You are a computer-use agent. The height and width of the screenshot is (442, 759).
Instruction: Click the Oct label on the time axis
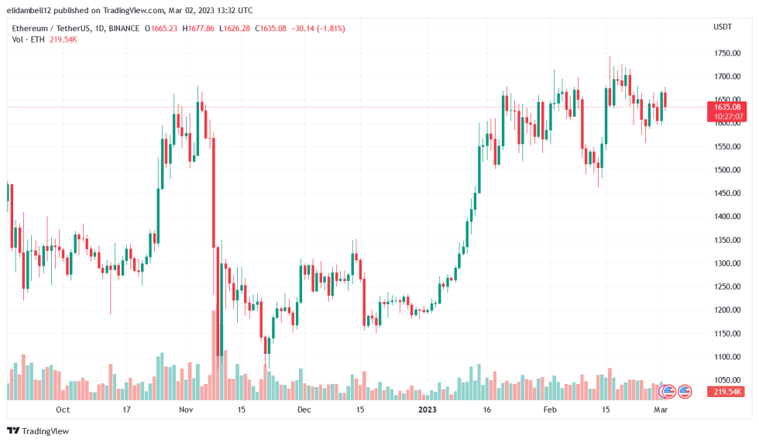pyautogui.click(x=63, y=409)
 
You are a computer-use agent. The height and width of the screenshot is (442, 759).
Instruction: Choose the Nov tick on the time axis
pyautogui.click(x=185, y=409)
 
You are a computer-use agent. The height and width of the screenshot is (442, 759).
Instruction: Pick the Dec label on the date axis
pyautogui.click(x=304, y=409)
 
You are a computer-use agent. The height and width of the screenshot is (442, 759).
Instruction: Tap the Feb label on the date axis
pyautogui.click(x=550, y=409)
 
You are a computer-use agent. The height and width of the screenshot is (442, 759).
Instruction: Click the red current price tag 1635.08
pyautogui.click(x=727, y=107)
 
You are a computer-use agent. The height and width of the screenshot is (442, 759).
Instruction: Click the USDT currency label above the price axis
pyautogui.click(x=723, y=28)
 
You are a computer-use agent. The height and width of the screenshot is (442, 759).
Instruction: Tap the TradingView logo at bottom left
pyautogui.click(x=38, y=430)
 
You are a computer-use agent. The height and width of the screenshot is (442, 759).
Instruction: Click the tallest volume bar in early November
pyautogui.click(x=213, y=355)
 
